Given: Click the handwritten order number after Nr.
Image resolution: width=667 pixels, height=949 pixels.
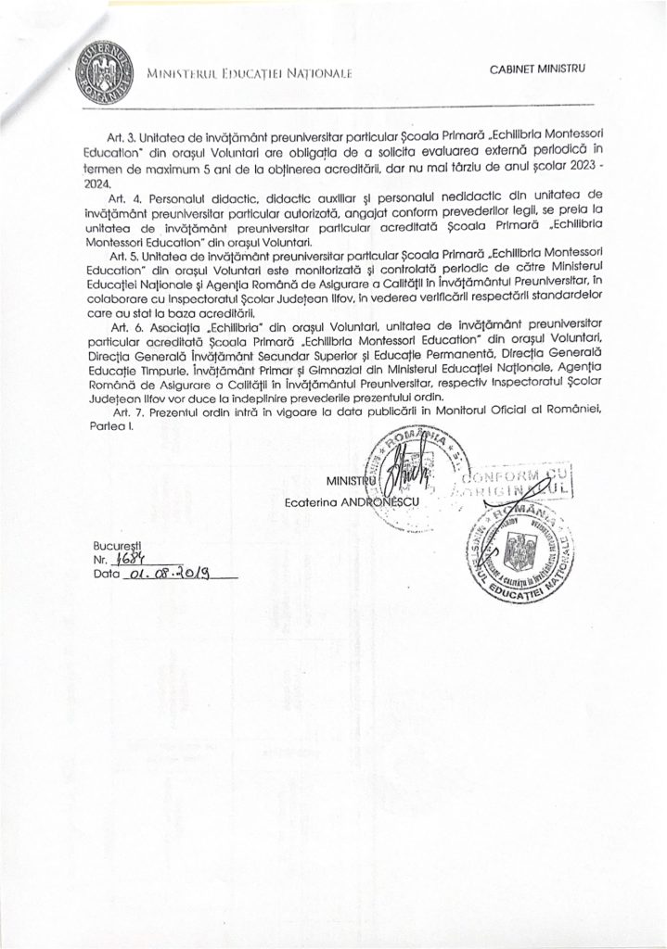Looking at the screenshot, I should tap(125, 561).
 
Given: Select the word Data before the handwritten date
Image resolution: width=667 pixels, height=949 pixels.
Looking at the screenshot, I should tap(107, 575).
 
